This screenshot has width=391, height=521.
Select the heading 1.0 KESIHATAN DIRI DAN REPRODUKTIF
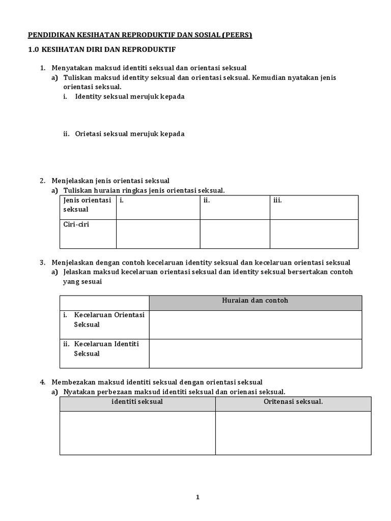[x=101, y=50]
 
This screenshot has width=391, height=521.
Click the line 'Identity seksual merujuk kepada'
[x=129, y=97]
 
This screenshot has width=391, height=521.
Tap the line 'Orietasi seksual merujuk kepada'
[x=129, y=134]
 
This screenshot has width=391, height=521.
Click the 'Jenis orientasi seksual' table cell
[x=87, y=205]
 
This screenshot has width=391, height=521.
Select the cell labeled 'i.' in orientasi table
[x=157, y=207]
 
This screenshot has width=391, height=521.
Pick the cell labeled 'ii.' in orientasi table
[x=234, y=207]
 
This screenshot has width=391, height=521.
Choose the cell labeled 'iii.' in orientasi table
[x=314, y=207]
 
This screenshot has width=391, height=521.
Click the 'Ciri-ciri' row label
[x=76, y=224]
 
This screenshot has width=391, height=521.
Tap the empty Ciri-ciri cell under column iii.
[x=314, y=234]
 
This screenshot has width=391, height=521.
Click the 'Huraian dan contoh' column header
[x=255, y=301]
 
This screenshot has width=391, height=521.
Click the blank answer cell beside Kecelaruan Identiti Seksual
[x=255, y=353]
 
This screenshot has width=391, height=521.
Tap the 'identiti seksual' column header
[x=137, y=402]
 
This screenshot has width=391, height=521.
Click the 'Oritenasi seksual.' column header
[x=293, y=402]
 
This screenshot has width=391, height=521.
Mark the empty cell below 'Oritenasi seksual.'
[x=293, y=432]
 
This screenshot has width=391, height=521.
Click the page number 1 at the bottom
[x=198, y=498]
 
